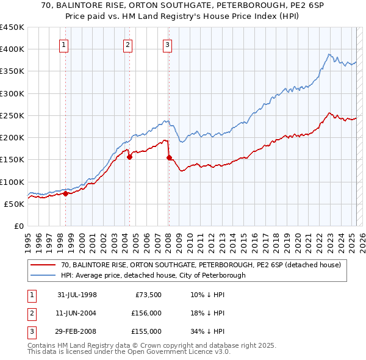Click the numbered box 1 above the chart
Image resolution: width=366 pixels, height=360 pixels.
point(64,45)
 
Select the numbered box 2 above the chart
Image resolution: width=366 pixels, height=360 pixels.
point(127,45)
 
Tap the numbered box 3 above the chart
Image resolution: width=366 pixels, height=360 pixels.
point(167,45)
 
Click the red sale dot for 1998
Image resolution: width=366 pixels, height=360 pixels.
point(66,194)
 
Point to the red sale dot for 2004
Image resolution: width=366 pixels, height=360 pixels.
point(130,157)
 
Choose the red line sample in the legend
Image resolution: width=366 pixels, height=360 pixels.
point(43,265)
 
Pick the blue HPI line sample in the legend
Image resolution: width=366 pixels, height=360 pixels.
point(43,275)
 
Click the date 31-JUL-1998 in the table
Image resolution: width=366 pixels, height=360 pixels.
point(77,295)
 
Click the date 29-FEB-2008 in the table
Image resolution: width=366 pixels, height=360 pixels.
point(77,332)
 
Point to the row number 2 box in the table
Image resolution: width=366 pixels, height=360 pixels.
point(30,314)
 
